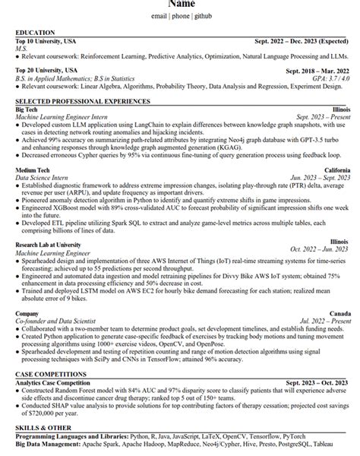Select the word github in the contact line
(x=203, y=15)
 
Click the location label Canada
(x=339, y=312)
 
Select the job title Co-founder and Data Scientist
(x=62, y=320)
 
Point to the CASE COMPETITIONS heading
(x=52, y=375)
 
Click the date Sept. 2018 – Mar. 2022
(x=318, y=70)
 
